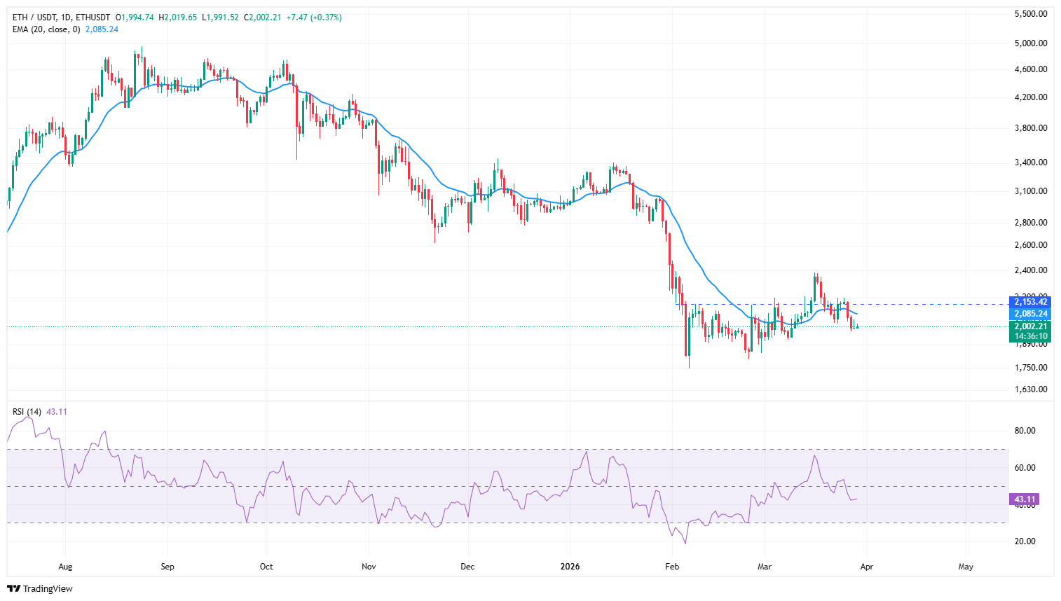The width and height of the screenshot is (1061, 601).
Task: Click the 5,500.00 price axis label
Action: click(x=1031, y=14)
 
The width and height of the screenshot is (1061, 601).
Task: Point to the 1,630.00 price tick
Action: click(x=1031, y=389)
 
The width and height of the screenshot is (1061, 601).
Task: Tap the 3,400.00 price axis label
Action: click(x=1031, y=163)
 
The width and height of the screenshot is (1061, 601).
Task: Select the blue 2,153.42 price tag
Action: click(x=1029, y=302)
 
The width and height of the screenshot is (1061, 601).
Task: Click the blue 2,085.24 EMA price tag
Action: click(x=1029, y=314)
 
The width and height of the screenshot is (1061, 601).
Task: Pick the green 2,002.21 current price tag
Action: click(x=1029, y=326)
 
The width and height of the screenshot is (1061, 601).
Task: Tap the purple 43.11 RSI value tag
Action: click(x=1025, y=499)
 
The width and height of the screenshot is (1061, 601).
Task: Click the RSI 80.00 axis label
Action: click(x=1025, y=431)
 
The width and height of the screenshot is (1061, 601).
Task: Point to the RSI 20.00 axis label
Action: click(x=1025, y=541)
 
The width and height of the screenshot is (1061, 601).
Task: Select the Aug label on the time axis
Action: click(x=65, y=567)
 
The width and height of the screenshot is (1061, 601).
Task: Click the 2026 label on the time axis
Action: click(x=570, y=567)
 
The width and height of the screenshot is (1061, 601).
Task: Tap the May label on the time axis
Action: click(x=966, y=567)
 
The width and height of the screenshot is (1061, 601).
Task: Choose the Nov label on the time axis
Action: click(x=369, y=567)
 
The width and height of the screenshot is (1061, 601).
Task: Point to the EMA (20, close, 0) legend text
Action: click(x=46, y=29)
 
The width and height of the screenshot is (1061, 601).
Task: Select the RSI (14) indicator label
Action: click(x=27, y=412)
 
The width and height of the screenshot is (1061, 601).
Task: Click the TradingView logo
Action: click(x=40, y=588)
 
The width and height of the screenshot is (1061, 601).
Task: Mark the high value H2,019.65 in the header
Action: click(x=178, y=18)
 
